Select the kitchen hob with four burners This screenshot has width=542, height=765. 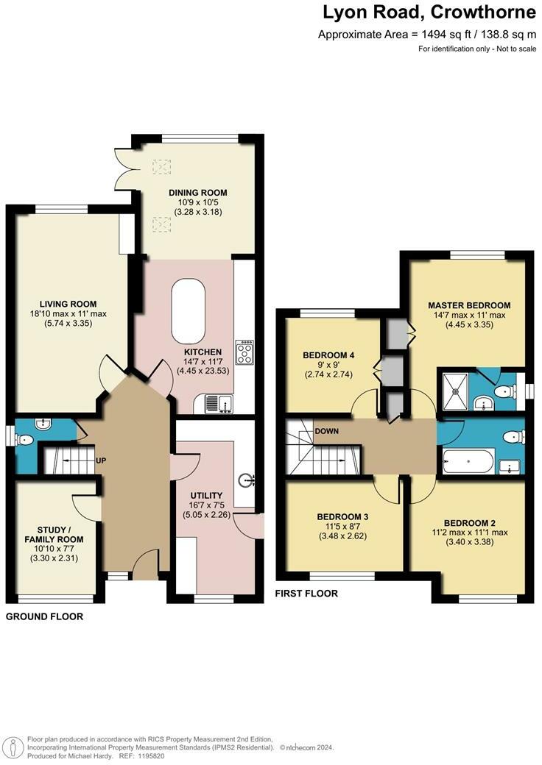(244, 352)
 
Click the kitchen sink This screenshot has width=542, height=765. (219, 402)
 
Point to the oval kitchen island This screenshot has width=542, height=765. (189, 311)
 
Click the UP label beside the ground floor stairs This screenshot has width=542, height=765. (101, 460)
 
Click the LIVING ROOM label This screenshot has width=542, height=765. (68, 304)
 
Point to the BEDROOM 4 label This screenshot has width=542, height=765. (328, 355)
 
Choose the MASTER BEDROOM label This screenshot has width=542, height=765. (468, 305)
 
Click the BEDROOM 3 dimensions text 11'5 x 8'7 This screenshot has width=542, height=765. (344, 526)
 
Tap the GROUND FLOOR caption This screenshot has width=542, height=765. (44, 616)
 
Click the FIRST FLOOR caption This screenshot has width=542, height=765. (306, 593)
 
